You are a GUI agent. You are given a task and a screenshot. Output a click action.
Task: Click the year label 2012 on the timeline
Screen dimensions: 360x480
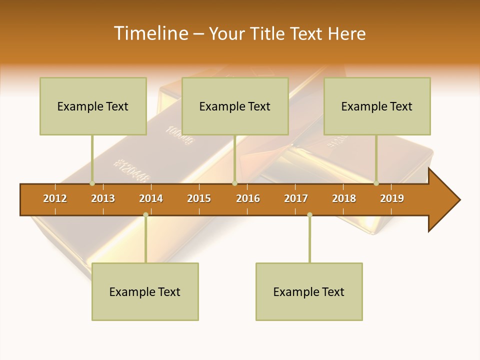[x=55, y=198]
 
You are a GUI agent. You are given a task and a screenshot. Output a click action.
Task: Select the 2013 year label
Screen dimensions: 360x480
[x=103, y=198]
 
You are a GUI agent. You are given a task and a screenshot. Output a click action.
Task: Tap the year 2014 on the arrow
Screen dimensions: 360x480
[x=151, y=198]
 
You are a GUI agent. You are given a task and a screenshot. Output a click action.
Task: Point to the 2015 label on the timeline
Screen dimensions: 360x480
[x=199, y=198]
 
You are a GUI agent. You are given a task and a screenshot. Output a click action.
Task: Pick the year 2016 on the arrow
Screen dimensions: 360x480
[x=248, y=198]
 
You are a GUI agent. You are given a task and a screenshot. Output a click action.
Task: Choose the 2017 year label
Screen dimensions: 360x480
[x=296, y=198]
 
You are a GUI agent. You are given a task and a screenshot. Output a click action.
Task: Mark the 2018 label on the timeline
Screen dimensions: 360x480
[x=344, y=198]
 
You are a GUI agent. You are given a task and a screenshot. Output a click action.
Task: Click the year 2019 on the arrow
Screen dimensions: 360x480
[x=392, y=198]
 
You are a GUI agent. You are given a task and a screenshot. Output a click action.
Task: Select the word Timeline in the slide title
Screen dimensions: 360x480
[x=150, y=33]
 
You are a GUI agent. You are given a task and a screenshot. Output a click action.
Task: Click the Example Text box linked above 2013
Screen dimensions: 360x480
[x=93, y=106]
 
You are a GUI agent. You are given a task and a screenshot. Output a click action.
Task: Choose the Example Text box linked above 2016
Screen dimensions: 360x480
[x=235, y=106]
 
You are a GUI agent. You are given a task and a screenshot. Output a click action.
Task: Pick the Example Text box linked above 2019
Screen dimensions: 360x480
[x=377, y=106]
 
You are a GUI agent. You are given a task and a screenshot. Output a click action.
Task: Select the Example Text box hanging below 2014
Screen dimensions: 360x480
[x=145, y=291]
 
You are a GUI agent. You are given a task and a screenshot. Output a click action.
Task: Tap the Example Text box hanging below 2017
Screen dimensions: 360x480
[x=309, y=291]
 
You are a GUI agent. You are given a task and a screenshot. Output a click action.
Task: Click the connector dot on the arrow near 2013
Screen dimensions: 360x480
[x=92, y=183]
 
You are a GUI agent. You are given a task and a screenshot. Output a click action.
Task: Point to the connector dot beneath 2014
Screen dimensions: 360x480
[x=145, y=215]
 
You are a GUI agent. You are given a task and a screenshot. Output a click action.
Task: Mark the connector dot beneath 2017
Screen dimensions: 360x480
[x=309, y=215]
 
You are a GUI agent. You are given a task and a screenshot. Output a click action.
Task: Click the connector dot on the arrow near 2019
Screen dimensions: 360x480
[x=376, y=183]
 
